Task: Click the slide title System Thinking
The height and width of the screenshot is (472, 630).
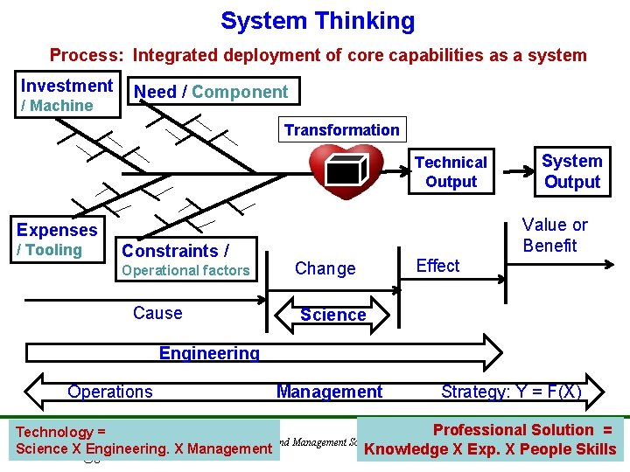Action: click(x=318, y=21)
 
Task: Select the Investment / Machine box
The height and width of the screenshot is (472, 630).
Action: click(x=66, y=95)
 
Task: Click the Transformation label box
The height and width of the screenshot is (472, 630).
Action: click(x=341, y=130)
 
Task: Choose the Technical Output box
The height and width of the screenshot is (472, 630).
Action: click(x=451, y=172)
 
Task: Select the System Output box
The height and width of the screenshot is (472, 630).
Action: click(x=571, y=171)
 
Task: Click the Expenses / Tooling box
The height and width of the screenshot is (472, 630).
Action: click(x=57, y=239)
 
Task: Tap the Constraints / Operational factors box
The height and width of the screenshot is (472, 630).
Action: click(x=185, y=260)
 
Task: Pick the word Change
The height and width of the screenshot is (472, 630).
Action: click(x=325, y=269)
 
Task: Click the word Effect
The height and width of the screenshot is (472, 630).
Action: click(x=437, y=266)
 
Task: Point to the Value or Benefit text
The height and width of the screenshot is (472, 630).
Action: click(x=555, y=235)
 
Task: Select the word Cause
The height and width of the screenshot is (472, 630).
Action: click(x=157, y=313)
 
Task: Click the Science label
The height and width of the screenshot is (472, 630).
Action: click(x=332, y=315)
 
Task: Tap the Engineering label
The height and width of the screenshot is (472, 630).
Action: click(x=209, y=353)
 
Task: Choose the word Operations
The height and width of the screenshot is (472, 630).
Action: click(x=110, y=392)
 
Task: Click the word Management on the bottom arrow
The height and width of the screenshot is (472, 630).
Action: click(x=329, y=392)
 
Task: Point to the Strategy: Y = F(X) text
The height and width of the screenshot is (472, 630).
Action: click(x=511, y=391)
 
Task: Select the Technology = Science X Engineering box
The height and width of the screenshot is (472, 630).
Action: click(x=143, y=441)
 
